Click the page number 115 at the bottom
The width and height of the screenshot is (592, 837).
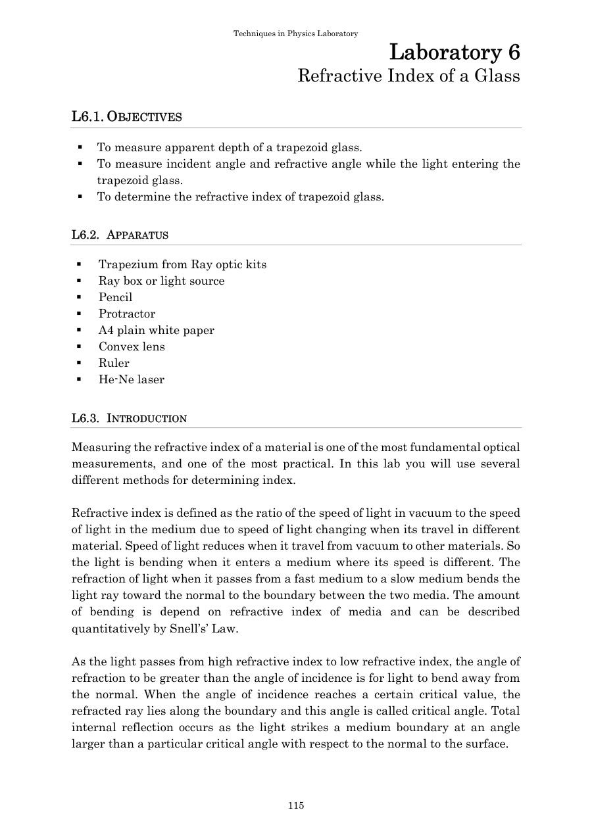(296, 805)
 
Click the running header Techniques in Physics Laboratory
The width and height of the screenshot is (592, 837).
(296, 34)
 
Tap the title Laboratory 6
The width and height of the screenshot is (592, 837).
(455, 51)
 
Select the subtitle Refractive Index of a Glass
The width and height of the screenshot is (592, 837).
(408, 76)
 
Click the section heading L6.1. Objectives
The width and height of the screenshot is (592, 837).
(126, 117)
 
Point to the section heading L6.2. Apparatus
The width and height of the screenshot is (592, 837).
(120, 235)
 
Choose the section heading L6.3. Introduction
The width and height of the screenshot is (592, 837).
(129, 418)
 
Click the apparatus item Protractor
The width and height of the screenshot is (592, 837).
(127, 314)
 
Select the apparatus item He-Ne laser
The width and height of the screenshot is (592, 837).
(132, 379)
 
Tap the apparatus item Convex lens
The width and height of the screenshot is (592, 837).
(132, 347)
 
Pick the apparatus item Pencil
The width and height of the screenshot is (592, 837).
(116, 297)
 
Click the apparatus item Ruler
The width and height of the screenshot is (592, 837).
(114, 363)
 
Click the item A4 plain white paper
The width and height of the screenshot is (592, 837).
(157, 330)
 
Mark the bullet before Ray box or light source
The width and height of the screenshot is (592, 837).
(79, 281)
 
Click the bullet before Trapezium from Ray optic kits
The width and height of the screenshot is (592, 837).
(79, 264)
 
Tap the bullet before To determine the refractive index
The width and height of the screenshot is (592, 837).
(79, 197)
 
